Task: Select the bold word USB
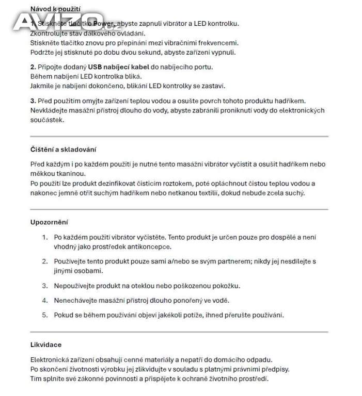(95, 67)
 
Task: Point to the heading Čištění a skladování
(64, 150)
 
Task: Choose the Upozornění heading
(50, 222)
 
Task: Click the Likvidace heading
(46, 344)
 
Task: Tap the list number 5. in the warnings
(45, 315)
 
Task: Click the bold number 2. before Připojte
(33, 67)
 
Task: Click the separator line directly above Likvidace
(179, 332)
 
